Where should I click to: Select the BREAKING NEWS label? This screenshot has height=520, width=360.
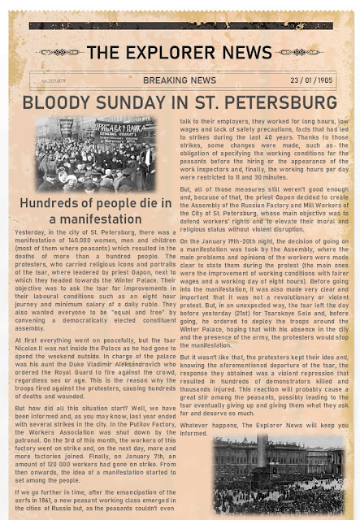(x=180, y=81)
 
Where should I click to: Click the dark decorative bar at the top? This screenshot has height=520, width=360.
(x=180, y=26)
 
